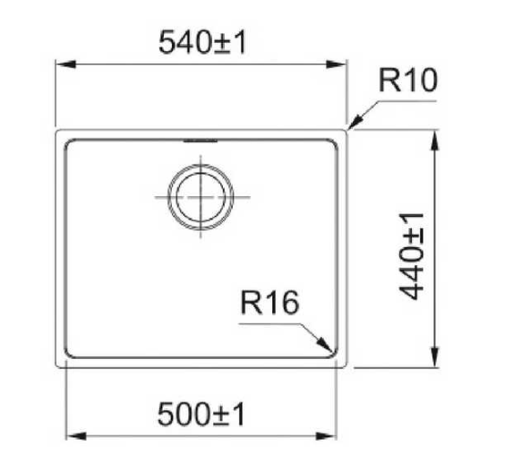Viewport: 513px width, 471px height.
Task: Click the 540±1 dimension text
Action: coord(201,42)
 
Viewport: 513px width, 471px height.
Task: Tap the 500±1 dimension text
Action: coord(201,414)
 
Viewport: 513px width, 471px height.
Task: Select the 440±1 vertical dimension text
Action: coord(411,256)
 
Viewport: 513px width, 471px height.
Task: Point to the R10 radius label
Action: coord(407,81)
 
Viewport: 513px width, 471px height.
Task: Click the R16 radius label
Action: coord(269,303)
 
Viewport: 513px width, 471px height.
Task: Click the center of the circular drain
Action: coord(201,197)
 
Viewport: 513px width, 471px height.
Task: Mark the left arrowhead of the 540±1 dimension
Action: coord(66,64)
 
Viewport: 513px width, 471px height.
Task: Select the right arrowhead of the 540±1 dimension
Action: coord(336,64)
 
